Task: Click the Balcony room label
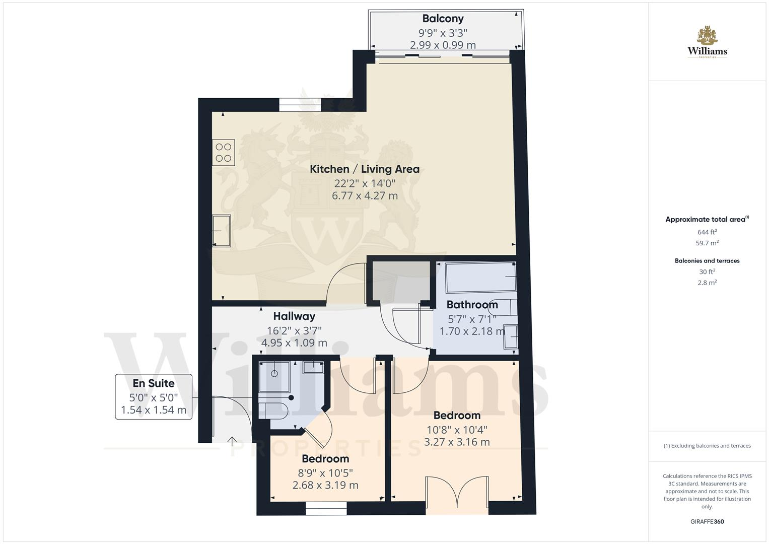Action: pyautogui.click(x=443, y=19)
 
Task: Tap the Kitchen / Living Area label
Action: pyautogui.click(x=364, y=169)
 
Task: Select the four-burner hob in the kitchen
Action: pyautogui.click(x=224, y=153)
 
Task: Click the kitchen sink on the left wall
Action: pyautogui.click(x=221, y=231)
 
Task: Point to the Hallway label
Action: pyautogui.click(x=294, y=316)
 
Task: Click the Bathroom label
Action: pyautogui.click(x=472, y=305)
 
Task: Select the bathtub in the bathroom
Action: pyautogui.click(x=480, y=277)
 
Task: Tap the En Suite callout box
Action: pyautogui.click(x=154, y=396)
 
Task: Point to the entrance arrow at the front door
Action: pyautogui.click(x=232, y=442)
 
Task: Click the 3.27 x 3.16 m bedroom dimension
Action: pyautogui.click(x=457, y=442)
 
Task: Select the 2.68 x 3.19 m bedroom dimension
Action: pyautogui.click(x=325, y=486)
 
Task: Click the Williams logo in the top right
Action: pyautogui.click(x=707, y=43)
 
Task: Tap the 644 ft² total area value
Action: pyautogui.click(x=707, y=232)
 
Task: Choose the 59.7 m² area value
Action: pyautogui.click(x=707, y=243)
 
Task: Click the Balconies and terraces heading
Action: pyautogui.click(x=707, y=261)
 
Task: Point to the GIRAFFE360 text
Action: pyautogui.click(x=707, y=522)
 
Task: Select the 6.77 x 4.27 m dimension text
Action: pyautogui.click(x=365, y=196)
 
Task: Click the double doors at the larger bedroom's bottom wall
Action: pyautogui.click(x=457, y=494)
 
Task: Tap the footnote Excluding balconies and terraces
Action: pyautogui.click(x=707, y=446)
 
